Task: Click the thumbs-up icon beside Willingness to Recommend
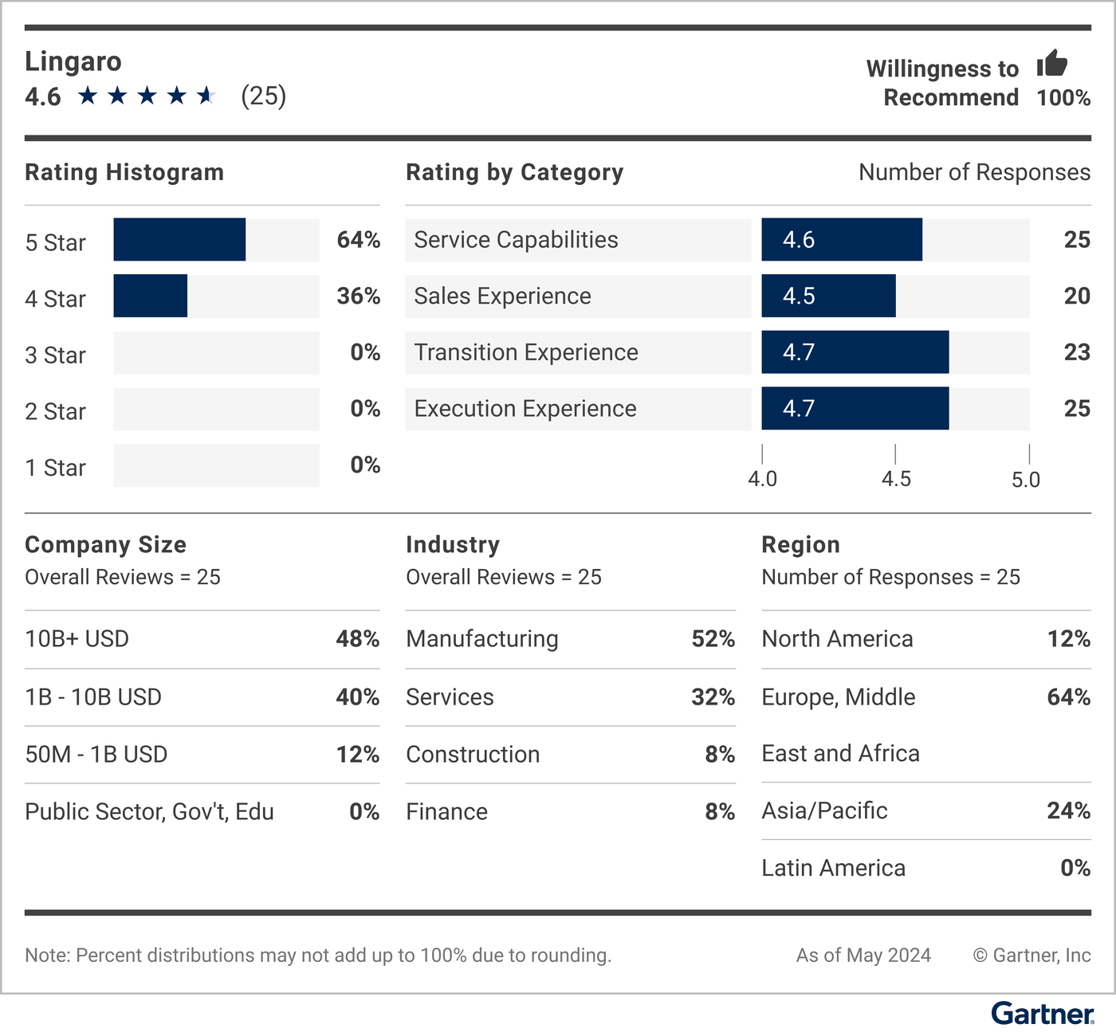(1051, 63)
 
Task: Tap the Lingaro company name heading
(73, 61)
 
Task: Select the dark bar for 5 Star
(179, 239)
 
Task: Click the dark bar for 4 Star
(150, 296)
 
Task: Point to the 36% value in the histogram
(358, 296)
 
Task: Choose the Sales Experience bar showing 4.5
(828, 296)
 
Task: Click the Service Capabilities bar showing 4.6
(841, 239)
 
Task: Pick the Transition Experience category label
(526, 352)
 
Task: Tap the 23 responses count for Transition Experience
(1076, 352)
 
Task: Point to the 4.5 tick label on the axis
(896, 479)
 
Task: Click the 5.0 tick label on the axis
(1026, 480)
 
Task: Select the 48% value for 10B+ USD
(357, 639)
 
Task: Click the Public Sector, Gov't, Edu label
(149, 811)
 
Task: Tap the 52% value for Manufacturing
(713, 639)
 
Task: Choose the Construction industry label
(473, 754)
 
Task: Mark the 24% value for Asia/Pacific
(1068, 810)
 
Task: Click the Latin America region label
(833, 868)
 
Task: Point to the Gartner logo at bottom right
(1042, 1014)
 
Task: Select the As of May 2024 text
(863, 955)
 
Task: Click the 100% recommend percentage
(1063, 98)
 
